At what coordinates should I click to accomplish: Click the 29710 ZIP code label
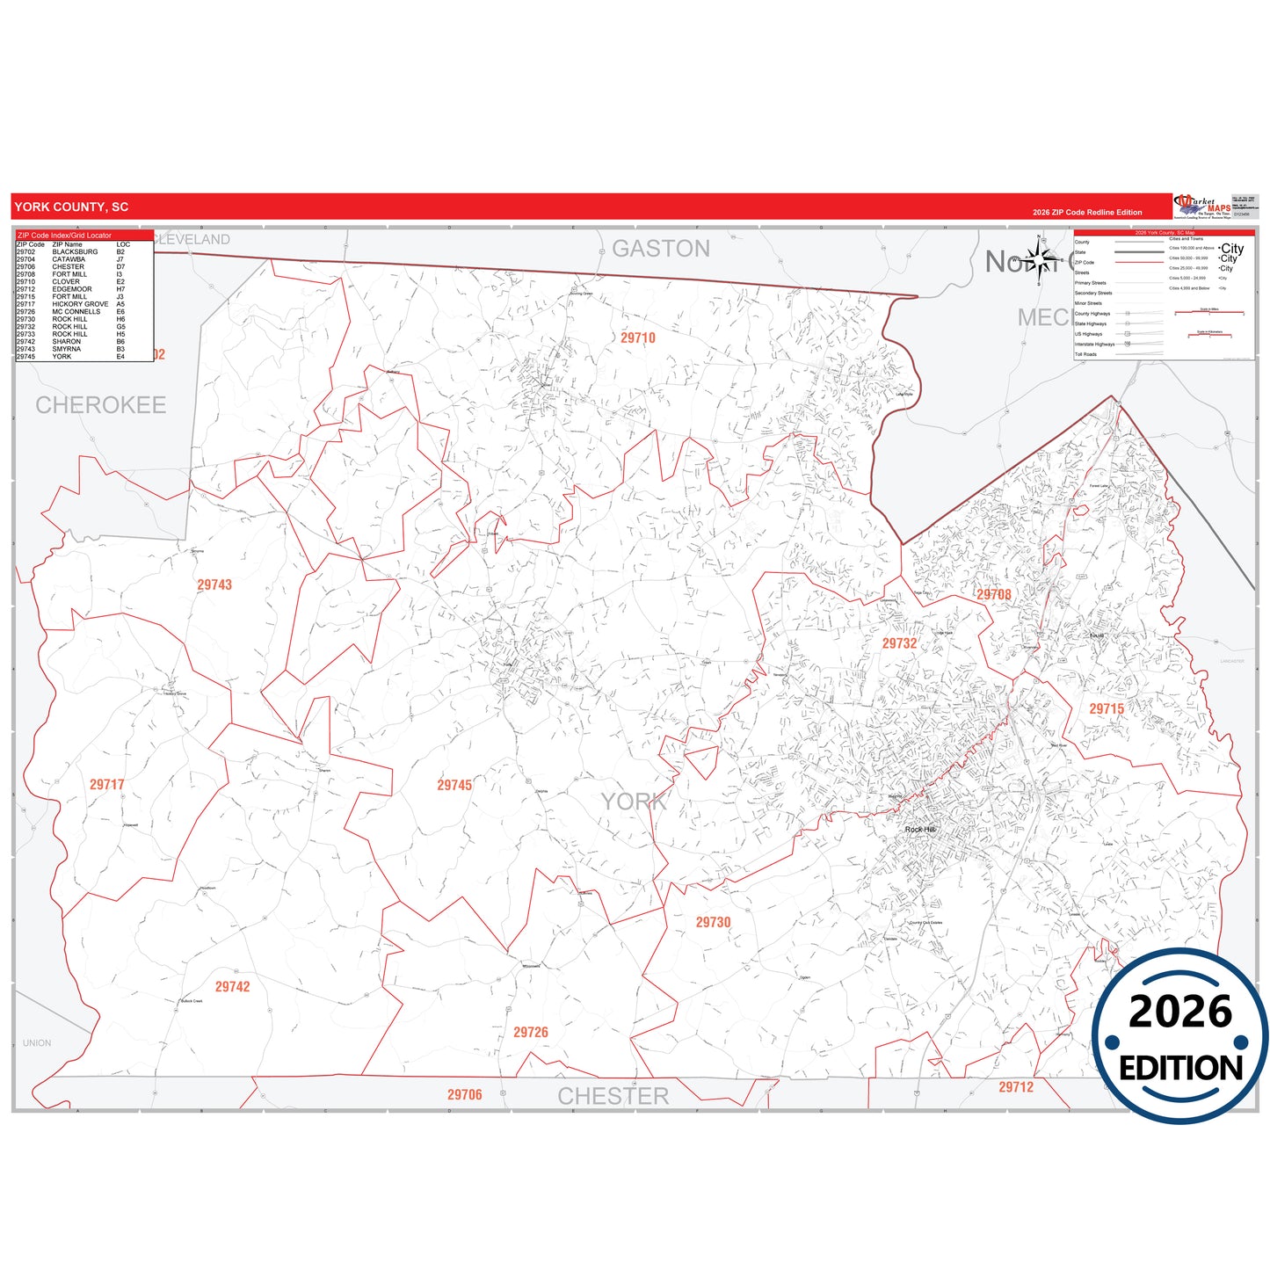(x=638, y=337)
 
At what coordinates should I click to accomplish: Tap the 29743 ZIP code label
(x=214, y=584)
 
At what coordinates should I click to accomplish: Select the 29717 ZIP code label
(x=107, y=784)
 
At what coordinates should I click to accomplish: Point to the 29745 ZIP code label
(x=454, y=785)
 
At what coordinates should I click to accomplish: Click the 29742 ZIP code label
(x=233, y=987)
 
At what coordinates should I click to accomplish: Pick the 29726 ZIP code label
(x=531, y=1032)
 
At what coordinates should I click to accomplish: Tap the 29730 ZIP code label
(x=713, y=922)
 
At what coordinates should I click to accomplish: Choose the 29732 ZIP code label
(x=899, y=643)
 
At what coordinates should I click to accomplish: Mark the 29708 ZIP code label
(x=994, y=594)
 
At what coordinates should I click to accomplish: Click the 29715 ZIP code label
(x=1107, y=708)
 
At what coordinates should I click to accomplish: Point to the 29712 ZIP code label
(x=1016, y=1087)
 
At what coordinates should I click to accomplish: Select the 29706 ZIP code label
(x=464, y=1094)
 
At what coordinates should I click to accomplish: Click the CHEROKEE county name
(x=101, y=405)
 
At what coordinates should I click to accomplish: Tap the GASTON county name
(x=661, y=249)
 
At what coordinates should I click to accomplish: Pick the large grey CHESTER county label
(x=613, y=1096)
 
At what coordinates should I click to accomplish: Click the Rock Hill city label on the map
(x=920, y=829)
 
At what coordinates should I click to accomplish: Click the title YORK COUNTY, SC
(x=71, y=207)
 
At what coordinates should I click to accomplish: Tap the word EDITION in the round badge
(x=1180, y=1068)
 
